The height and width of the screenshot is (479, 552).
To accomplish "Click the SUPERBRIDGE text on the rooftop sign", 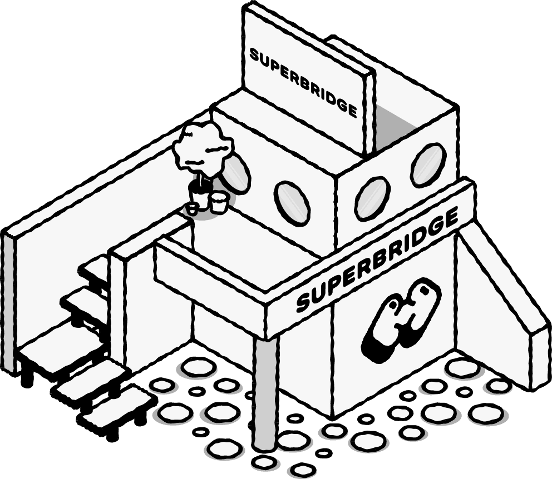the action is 303,81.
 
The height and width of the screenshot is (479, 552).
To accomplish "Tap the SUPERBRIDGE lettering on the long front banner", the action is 378,261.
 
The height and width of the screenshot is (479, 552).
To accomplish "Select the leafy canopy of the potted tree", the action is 201,148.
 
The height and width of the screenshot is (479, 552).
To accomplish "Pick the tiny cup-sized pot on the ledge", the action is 192,209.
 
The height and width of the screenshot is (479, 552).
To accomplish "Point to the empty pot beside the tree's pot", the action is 219,201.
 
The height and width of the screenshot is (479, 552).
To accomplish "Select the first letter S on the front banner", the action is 304,303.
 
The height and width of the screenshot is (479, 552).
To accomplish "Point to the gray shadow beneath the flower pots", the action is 209,214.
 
